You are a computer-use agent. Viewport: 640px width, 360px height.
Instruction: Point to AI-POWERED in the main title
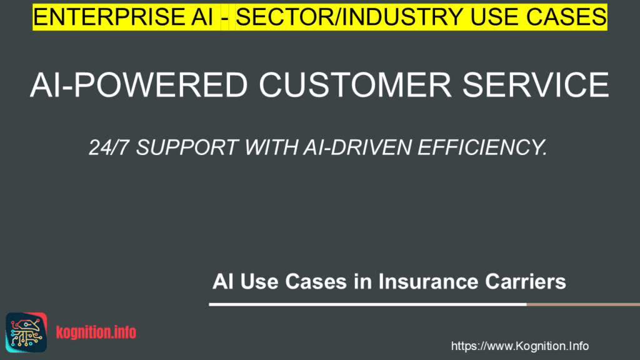139,85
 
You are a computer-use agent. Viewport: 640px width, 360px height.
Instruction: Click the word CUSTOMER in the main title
355,85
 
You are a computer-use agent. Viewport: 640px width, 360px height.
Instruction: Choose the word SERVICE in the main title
536,85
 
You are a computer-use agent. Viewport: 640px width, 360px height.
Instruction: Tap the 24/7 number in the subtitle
108,147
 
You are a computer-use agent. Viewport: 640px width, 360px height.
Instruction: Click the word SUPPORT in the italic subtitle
187,147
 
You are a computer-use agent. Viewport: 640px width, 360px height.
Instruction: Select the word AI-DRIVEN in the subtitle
357,147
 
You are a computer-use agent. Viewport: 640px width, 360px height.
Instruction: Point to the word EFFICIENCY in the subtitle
482,147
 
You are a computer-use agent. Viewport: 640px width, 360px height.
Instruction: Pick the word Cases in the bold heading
316,281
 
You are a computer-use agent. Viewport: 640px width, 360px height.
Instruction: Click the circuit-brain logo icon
26,332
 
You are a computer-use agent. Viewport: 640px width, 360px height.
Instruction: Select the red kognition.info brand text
96,332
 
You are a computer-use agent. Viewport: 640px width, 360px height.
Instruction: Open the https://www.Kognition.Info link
519,346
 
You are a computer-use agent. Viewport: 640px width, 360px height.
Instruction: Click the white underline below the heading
367,304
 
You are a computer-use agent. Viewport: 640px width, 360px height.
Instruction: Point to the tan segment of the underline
583,304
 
